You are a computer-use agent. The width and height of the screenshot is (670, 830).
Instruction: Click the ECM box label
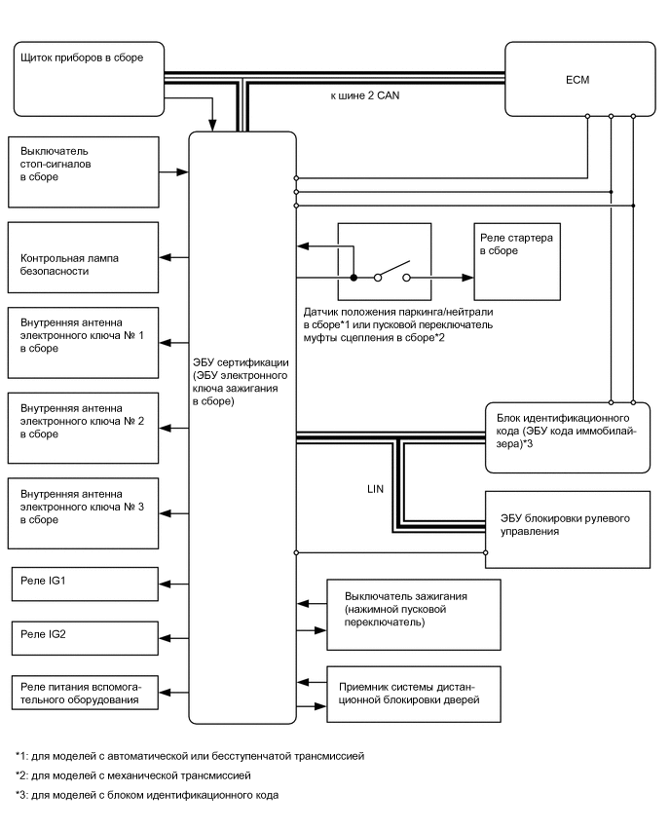[577, 80]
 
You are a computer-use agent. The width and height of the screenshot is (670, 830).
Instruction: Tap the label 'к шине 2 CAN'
[364, 95]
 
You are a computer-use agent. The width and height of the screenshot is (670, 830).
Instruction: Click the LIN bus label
[375, 489]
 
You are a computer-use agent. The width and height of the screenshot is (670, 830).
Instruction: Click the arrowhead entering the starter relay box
[467, 278]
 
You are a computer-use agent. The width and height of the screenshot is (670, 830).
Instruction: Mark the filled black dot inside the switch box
[354, 278]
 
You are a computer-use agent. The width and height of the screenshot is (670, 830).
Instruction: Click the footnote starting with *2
[133, 775]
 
